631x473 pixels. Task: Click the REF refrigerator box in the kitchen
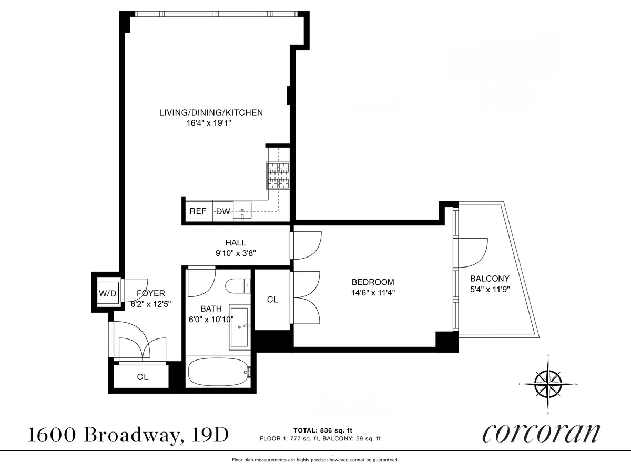(198, 211)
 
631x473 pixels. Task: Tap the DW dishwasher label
(223, 212)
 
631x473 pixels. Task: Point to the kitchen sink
(242, 211)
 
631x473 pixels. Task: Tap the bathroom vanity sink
(239, 327)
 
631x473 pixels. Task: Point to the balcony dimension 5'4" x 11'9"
(490, 289)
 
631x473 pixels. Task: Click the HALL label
(236, 243)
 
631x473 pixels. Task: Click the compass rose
(549, 384)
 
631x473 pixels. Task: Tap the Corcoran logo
(541, 434)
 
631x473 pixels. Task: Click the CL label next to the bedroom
(272, 300)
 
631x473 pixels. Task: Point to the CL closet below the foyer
(143, 377)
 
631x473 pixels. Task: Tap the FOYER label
(151, 293)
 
